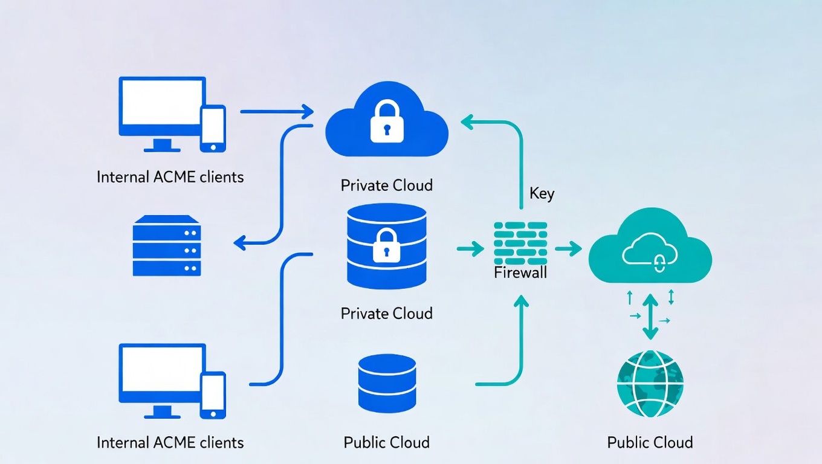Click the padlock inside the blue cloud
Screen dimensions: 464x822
pyautogui.click(x=387, y=122)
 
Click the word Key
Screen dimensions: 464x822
pyautogui.click(x=542, y=194)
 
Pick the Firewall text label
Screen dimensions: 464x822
pyautogui.click(x=520, y=272)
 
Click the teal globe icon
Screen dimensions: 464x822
pyautogui.click(x=650, y=383)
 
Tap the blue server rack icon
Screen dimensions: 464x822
pyautogui.click(x=166, y=245)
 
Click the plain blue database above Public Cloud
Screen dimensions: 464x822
pyautogui.click(x=387, y=382)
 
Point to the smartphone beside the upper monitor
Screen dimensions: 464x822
pyautogui.click(x=213, y=128)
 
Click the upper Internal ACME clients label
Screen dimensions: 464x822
pyautogui.click(x=170, y=177)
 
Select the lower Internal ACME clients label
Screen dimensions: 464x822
pyautogui.click(x=170, y=442)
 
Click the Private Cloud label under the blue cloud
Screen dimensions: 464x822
pyautogui.click(x=387, y=185)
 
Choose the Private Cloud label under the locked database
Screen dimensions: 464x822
pyautogui.click(x=387, y=313)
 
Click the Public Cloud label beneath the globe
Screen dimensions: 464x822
pyautogui.click(x=650, y=442)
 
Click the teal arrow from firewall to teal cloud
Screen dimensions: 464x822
pyautogui.click(x=567, y=248)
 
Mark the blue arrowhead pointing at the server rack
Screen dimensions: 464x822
pyautogui.click(x=239, y=243)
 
